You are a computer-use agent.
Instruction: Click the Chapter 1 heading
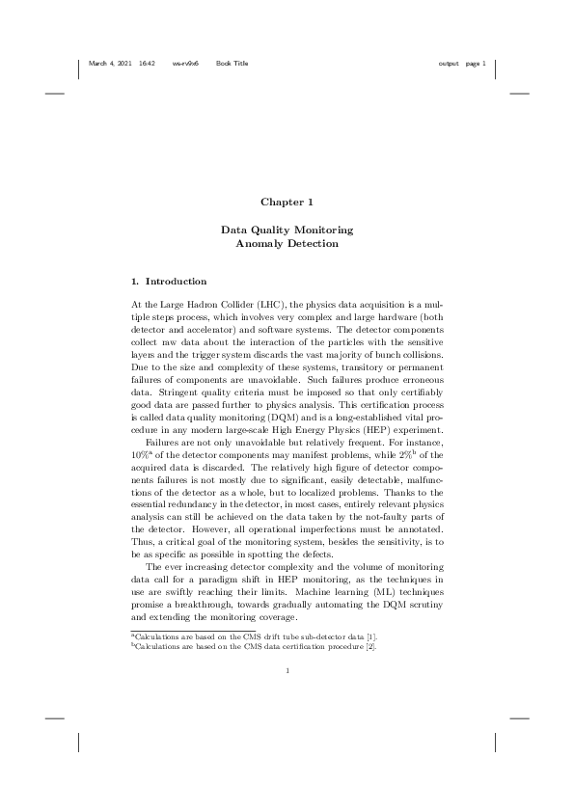pyautogui.click(x=287, y=203)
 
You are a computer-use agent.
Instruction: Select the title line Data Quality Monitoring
pyautogui.click(x=287, y=230)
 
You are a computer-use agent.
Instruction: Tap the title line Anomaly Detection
pyautogui.click(x=287, y=244)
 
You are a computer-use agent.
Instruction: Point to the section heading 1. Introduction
pyautogui.click(x=169, y=282)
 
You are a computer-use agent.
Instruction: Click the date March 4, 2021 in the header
pyautogui.click(x=110, y=64)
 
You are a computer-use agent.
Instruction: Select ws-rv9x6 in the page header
pyautogui.click(x=185, y=64)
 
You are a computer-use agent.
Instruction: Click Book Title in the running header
pyautogui.click(x=232, y=64)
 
